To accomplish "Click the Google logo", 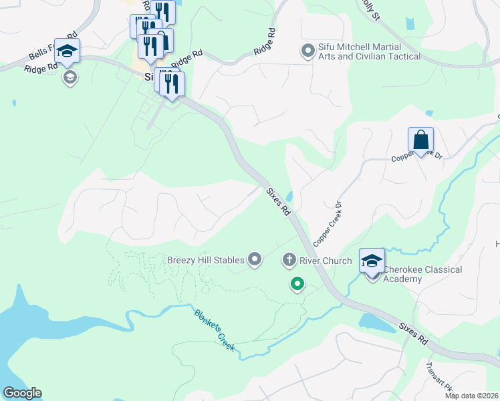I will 22,393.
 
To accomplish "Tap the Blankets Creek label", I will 215,330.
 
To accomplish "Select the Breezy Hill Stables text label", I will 205,259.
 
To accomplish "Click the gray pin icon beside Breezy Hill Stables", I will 254,259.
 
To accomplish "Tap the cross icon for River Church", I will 289,259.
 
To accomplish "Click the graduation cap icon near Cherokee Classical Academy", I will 372,259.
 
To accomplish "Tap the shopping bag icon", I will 420,140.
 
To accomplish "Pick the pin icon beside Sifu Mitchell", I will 307,51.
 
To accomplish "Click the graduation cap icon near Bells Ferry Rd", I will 68,51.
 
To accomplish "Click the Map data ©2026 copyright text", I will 472,396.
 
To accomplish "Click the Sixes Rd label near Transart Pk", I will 413,333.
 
